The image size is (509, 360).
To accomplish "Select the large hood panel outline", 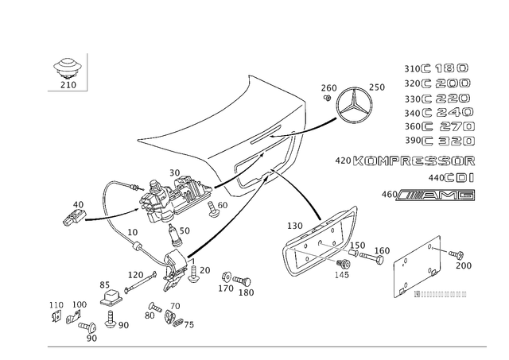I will pos(223,119).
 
